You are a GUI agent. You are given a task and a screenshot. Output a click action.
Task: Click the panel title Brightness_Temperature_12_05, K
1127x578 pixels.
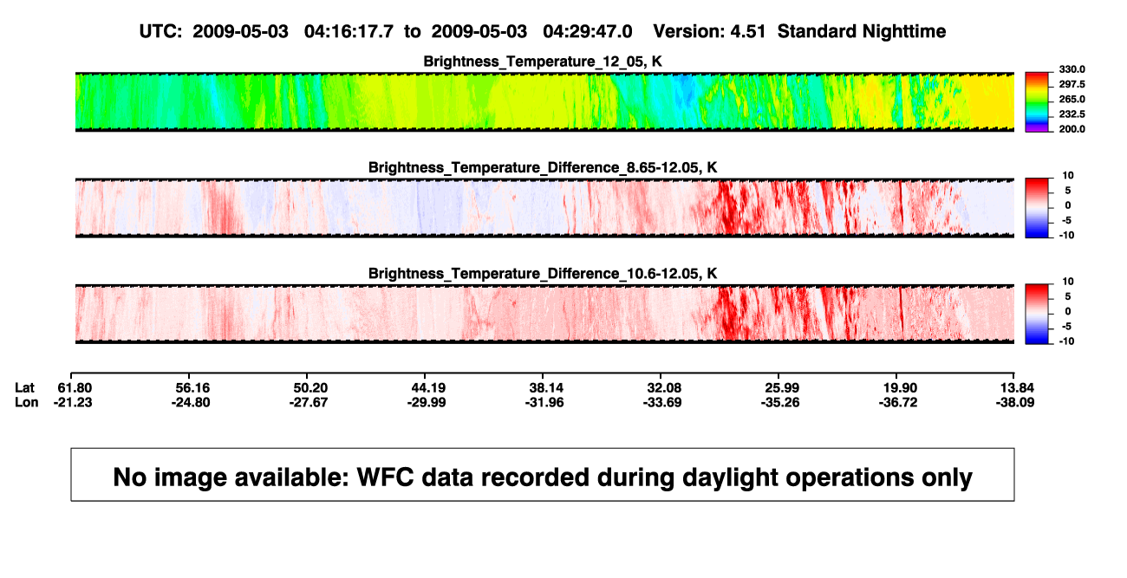point(543,62)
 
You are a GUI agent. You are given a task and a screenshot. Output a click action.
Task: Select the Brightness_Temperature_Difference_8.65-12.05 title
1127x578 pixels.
point(543,167)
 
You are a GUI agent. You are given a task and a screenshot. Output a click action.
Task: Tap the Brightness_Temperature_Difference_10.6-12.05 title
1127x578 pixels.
point(543,274)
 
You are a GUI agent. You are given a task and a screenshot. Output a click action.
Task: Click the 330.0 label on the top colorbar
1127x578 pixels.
point(1072,69)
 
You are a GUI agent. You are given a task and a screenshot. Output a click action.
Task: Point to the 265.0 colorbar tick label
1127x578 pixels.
point(1072,99)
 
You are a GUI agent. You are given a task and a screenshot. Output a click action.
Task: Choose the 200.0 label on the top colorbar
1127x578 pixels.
point(1072,129)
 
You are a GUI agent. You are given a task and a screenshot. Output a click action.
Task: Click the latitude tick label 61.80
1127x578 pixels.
point(75,388)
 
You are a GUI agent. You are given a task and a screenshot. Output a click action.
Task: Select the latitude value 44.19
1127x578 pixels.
point(428,388)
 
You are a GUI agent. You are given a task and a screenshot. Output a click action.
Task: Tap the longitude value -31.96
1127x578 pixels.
point(544,402)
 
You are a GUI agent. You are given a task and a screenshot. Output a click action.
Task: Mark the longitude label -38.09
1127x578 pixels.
point(1015,402)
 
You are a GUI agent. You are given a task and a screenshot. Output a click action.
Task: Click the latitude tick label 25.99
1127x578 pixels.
point(782,388)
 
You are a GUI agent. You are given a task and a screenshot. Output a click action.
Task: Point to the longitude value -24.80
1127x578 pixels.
point(191,402)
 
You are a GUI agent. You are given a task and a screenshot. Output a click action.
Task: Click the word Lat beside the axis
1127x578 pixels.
point(24,388)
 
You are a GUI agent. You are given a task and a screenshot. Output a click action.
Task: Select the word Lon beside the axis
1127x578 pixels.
point(27,402)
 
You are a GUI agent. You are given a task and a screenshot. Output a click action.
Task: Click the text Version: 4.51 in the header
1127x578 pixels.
point(709,31)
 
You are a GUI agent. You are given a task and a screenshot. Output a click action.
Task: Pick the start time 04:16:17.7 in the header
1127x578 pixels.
point(349,31)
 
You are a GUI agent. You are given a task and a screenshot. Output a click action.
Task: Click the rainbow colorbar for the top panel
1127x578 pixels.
point(1037,102)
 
